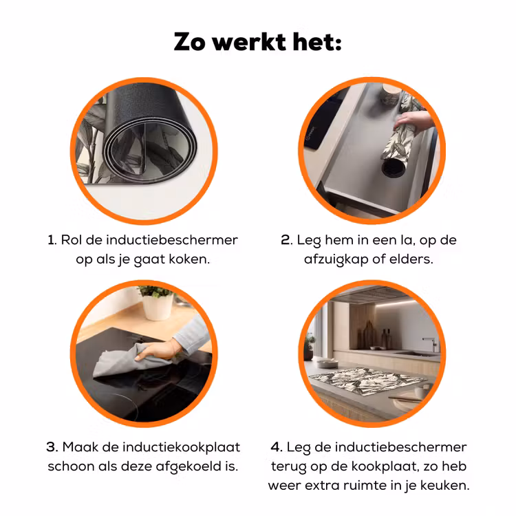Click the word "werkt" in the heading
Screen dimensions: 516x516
pos(249,42)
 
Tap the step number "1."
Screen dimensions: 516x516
pos(52,240)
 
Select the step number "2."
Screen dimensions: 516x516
pos(287,240)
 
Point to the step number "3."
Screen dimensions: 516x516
pos(52,447)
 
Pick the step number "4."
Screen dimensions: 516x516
pos(277,447)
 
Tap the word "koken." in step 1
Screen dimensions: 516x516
pos(189,259)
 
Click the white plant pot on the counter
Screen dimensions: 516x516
pos(158,307)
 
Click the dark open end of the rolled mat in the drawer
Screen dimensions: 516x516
pos(394,168)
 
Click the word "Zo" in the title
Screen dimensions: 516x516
pos(189,42)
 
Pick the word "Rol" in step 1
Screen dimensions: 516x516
pos(71,240)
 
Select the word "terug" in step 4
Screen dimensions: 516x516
pos(288,466)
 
